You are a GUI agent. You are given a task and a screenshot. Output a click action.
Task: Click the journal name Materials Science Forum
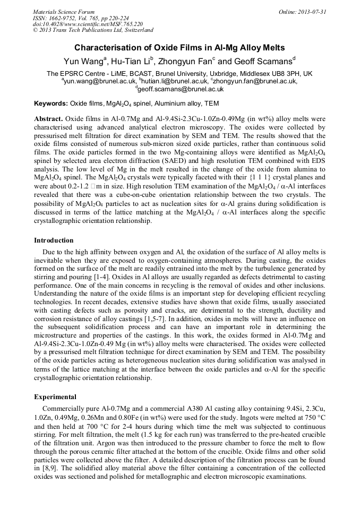(x=64, y=12)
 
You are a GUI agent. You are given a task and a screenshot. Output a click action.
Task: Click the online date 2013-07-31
(x=312, y=12)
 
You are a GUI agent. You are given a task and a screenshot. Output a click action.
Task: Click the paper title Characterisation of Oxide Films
(x=179, y=47)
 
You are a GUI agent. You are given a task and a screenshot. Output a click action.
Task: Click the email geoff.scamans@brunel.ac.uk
(x=181, y=90)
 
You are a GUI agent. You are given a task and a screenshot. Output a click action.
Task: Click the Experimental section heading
(x=55, y=396)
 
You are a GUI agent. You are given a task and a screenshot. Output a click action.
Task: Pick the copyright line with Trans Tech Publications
(x=93, y=30)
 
